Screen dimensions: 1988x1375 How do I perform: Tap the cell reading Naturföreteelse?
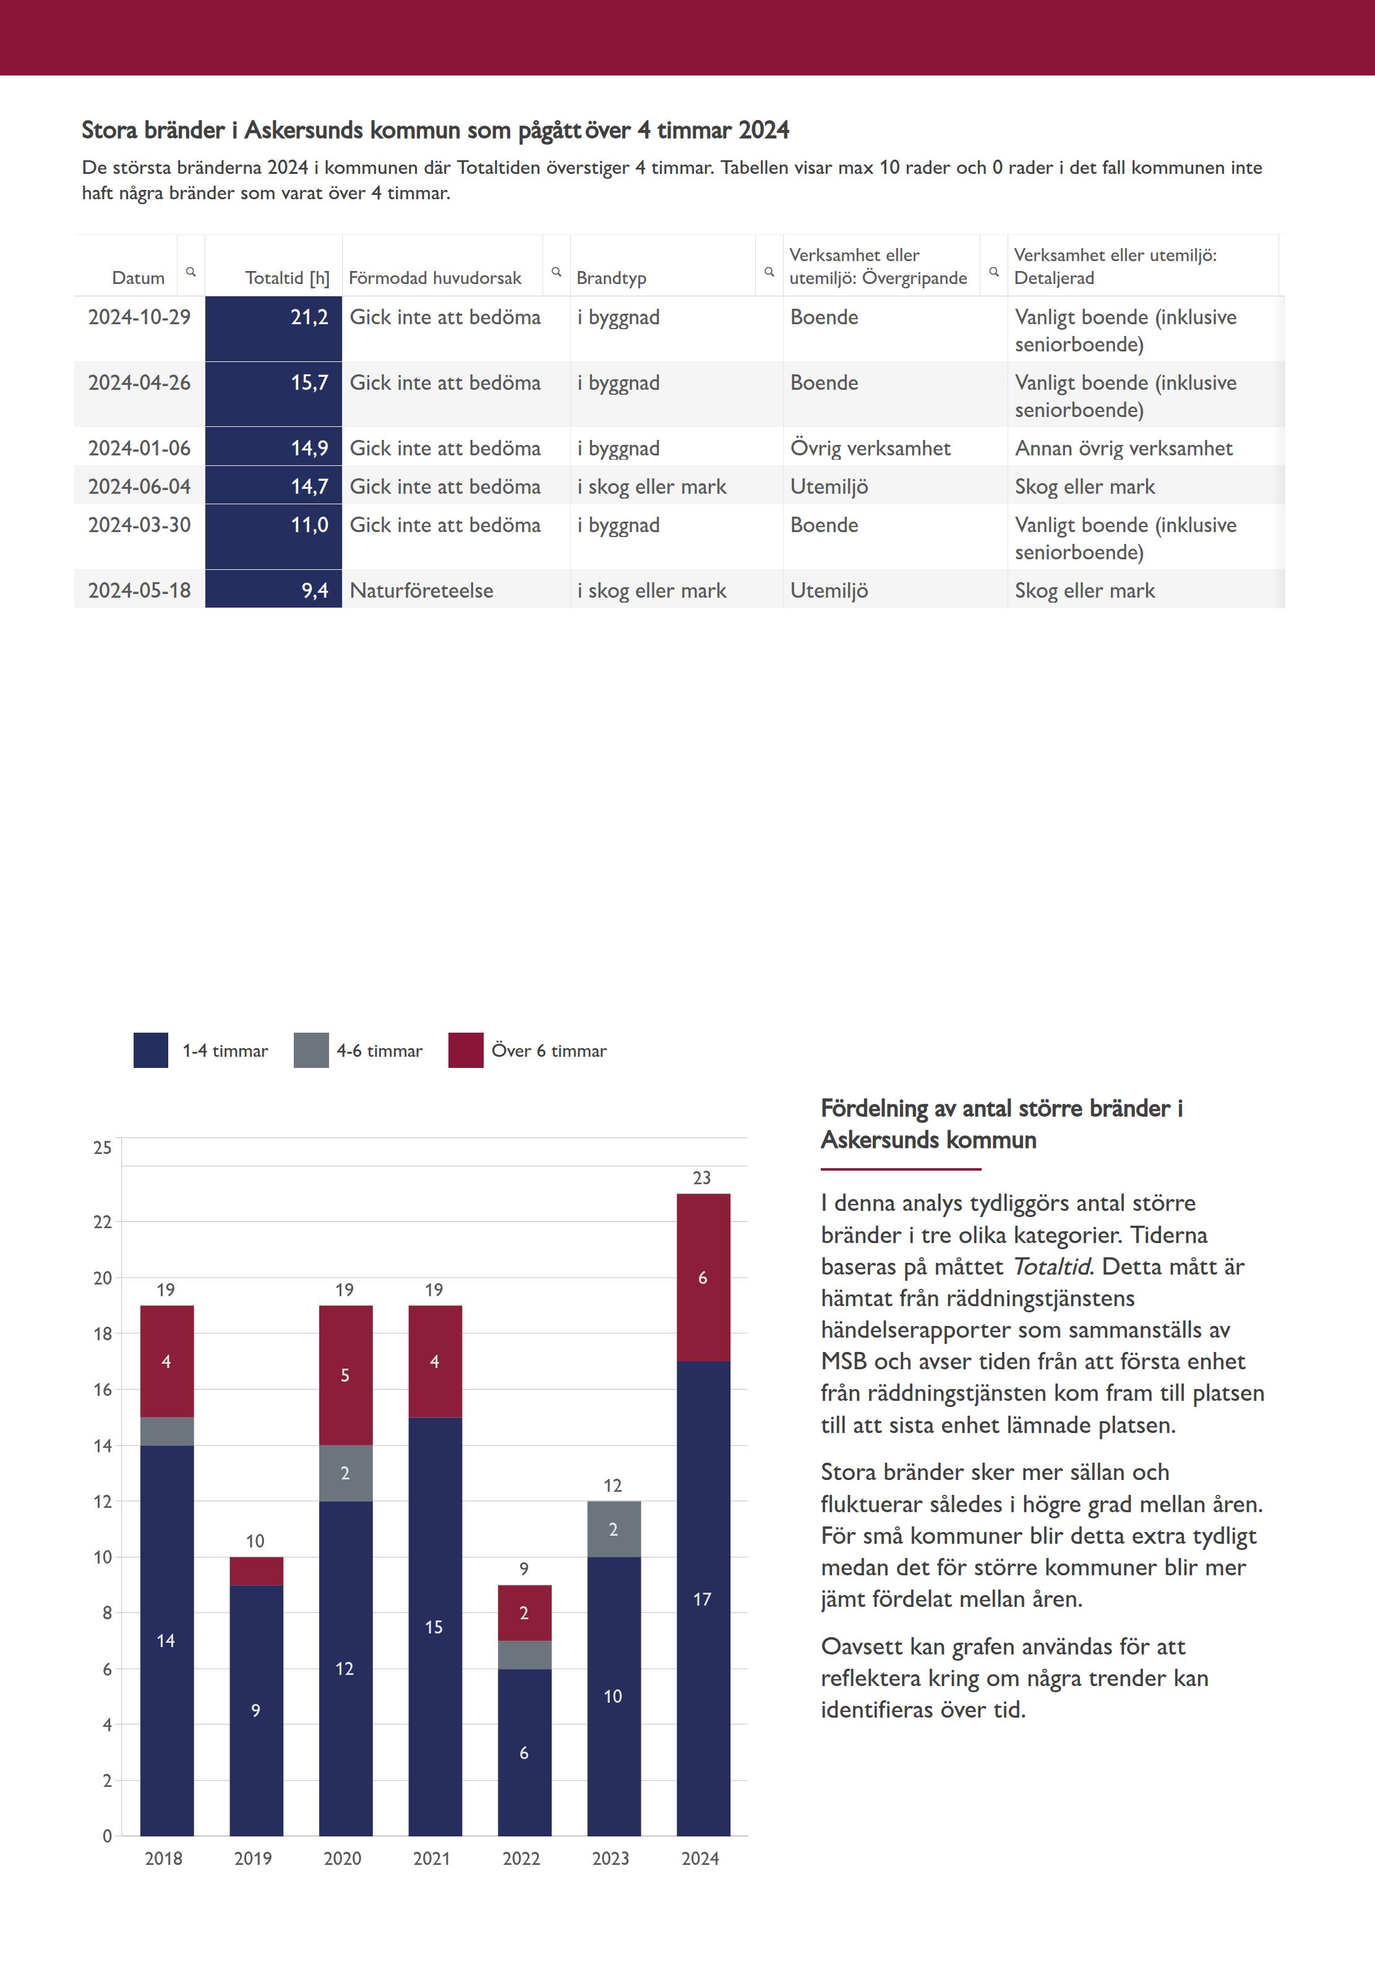click(x=421, y=590)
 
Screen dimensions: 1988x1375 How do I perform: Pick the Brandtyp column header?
click(x=611, y=277)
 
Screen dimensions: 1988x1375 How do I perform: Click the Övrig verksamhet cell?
click(x=870, y=448)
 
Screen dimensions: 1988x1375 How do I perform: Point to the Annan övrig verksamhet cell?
click(x=1123, y=448)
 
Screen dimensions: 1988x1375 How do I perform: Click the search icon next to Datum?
click(x=191, y=272)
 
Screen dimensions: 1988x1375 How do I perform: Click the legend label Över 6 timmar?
click(x=549, y=1051)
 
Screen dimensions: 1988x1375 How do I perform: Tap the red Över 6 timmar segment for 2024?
click(x=703, y=1277)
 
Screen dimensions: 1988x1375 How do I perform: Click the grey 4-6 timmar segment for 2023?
click(x=614, y=1529)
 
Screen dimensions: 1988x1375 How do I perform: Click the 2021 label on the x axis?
click(x=432, y=1859)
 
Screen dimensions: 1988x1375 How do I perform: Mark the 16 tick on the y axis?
click(x=103, y=1389)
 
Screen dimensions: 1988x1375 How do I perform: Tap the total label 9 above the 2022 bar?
click(x=524, y=1568)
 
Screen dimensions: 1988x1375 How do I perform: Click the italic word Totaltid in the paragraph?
click(x=1050, y=1266)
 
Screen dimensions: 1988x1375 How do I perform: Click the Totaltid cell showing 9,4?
click(x=274, y=590)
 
